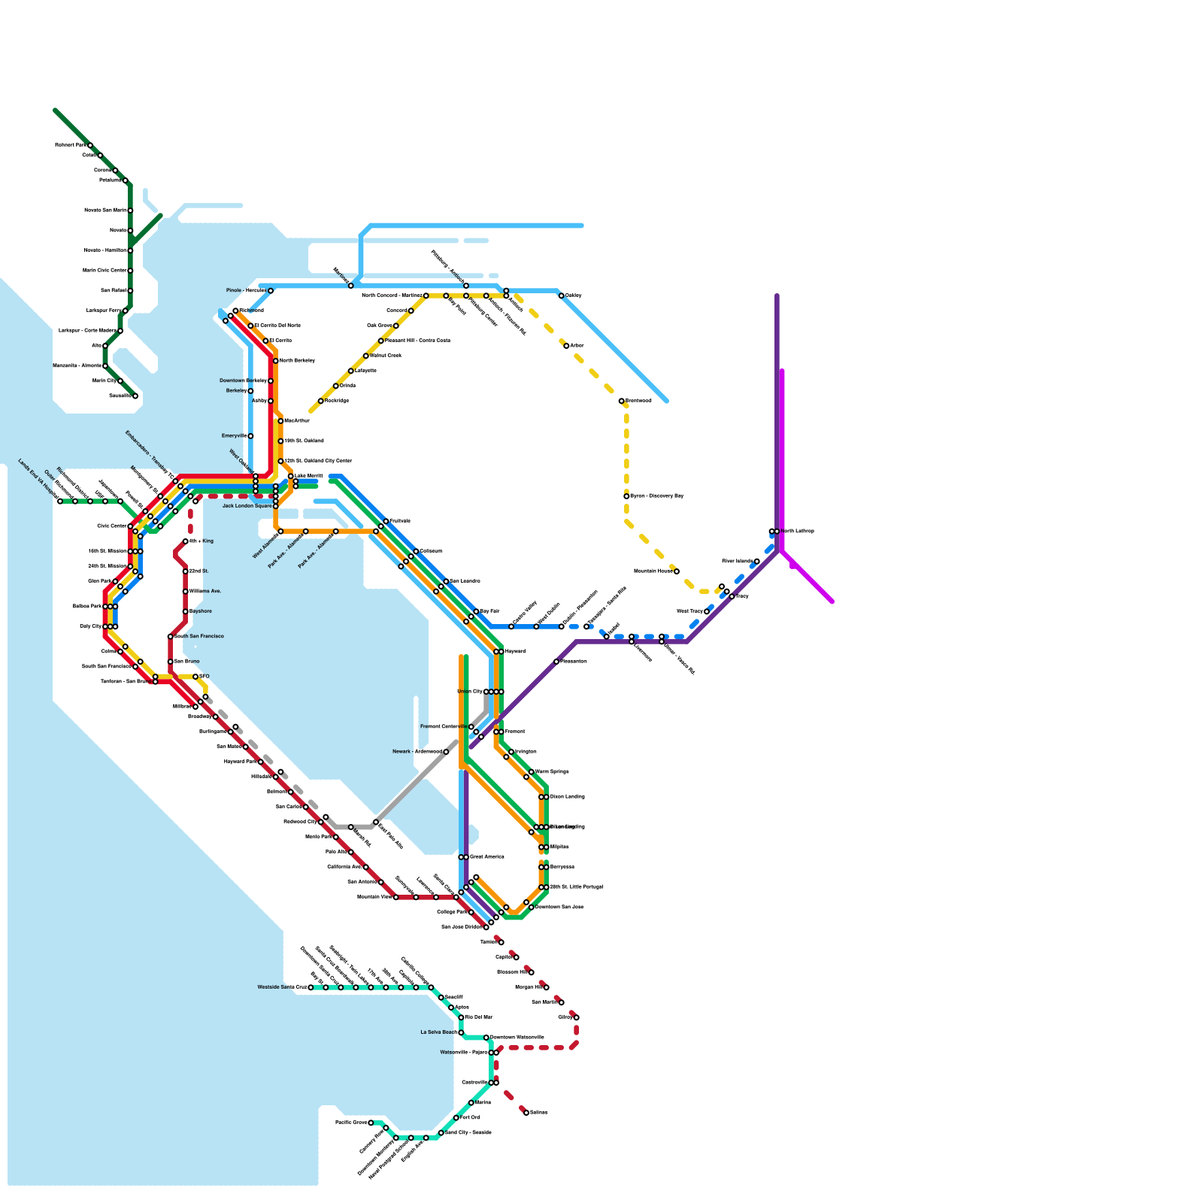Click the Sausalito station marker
135,396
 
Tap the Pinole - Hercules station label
246,290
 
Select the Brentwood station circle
622,401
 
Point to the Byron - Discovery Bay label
656,496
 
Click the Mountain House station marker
677,571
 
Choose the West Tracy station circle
707,611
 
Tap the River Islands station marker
757,561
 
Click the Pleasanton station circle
556,662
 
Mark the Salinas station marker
526,1113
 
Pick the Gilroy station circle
577,1017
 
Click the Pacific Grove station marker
371,1123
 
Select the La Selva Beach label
438,1032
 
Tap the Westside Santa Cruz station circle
311,987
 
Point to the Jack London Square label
247,506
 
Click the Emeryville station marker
250,436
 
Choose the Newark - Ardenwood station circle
446,752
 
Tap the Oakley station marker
562,295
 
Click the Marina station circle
471,1103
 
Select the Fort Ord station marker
456,1118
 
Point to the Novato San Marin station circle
130,211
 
